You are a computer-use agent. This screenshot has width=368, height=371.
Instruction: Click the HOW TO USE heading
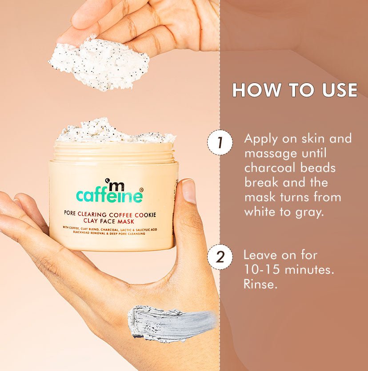[295, 90]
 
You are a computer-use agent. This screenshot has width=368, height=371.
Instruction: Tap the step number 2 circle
[220, 257]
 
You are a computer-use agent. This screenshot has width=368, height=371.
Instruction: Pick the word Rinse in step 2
[260, 284]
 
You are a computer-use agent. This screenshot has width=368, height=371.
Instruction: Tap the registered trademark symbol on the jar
[141, 189]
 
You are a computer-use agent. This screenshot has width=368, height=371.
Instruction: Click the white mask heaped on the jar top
[113, 132]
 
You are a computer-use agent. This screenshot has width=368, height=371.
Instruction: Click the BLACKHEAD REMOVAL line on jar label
[106, 233]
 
